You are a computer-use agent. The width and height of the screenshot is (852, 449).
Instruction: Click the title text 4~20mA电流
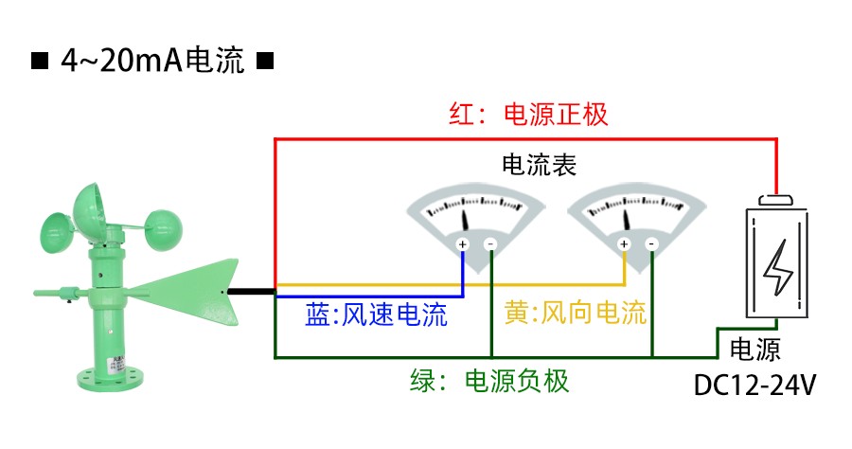click(x=152, y=63)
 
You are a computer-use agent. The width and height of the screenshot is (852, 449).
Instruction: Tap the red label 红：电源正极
click(x=527, y=116)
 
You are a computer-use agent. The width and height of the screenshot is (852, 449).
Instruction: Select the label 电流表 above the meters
click(x=539, y=165)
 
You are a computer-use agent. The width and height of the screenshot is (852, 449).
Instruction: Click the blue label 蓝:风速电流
click(x=376, y=314)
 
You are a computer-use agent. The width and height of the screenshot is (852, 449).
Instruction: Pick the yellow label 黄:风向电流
click(x=574, y=314)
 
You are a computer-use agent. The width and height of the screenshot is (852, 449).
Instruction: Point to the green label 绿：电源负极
click(x=489, y=381)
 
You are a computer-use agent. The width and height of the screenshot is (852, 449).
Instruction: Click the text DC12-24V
click(x=755, y=386)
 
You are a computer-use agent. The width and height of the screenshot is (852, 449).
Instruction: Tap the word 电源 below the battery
click(x=755, y=350)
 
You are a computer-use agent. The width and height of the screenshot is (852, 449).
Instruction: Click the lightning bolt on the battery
click(x=778, y=268)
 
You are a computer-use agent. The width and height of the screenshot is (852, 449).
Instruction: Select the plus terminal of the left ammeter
click(x=463, y=244)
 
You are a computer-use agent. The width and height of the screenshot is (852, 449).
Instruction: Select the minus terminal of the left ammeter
click(x=490, y=244)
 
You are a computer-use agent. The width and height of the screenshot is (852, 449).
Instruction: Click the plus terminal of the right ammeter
click(x=624, y=244)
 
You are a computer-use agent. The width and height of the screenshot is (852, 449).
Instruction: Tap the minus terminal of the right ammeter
click(x=651, y=244)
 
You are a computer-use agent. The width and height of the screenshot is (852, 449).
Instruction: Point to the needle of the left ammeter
click(x=466, y=220)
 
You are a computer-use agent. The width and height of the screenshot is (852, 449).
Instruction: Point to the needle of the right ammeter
click(x=627, y=220)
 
